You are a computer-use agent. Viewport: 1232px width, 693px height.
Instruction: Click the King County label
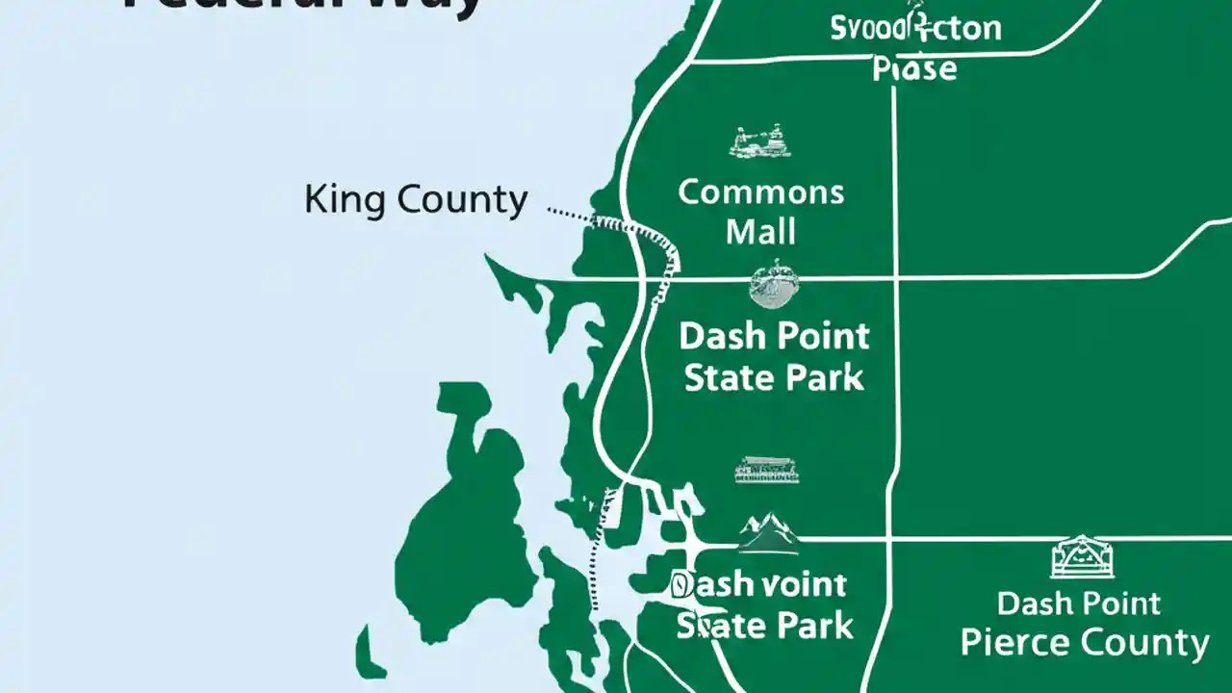[416, 200]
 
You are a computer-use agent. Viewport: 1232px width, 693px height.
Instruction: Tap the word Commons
[760, 192]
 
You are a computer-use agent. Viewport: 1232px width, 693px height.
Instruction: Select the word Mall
[760, 231]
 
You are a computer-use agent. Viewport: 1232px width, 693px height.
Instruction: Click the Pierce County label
[1085, 642]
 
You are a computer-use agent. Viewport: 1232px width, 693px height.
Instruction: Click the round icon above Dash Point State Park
[773, 284]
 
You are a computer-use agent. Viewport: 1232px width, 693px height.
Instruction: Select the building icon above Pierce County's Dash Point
[1082, 557]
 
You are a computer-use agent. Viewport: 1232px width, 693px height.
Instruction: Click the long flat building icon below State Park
[767, 470]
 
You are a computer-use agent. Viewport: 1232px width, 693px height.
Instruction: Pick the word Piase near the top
[914, 69]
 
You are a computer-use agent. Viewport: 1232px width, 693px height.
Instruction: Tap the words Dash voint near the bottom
[758, 584]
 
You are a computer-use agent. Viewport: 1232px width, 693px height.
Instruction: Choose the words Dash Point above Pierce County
[1078, 603]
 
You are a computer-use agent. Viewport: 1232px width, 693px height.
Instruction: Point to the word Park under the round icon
[825, 377]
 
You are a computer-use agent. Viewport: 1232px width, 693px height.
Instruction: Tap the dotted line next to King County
[577, 214]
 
